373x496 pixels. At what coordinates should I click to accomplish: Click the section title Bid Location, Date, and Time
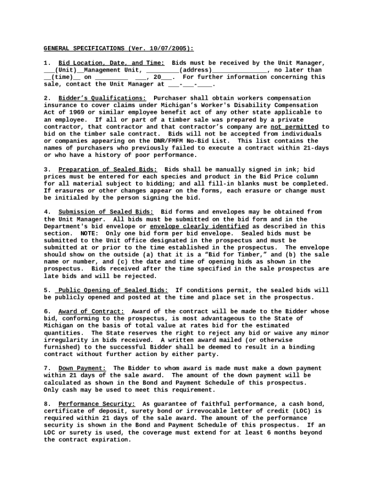pos(111,63)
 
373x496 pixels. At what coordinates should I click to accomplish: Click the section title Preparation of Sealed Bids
pos(108,170)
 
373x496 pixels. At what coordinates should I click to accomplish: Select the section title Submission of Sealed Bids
pos(106,212)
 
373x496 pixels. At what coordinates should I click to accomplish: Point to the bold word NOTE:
pos(90,233)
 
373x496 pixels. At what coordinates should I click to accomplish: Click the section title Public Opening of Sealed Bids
pos(113,290)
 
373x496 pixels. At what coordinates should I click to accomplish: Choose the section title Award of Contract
pos(91,311)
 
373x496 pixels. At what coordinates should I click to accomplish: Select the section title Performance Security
pos(97,404)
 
